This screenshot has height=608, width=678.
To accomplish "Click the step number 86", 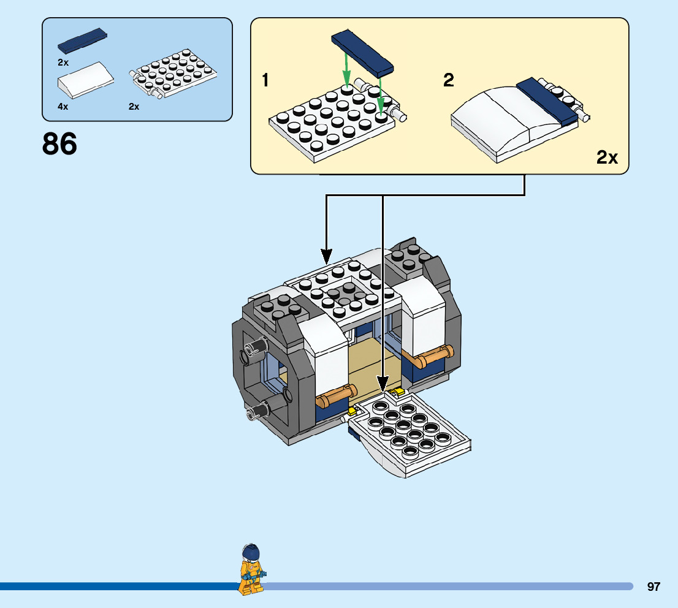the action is [x=59, y=144].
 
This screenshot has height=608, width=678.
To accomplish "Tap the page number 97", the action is [x=653, y=587].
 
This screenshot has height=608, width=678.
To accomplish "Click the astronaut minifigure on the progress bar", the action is [x=252, y=569].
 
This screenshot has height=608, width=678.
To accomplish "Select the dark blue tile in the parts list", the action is [x=83, y=42].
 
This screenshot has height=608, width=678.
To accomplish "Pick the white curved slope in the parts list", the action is [x=86, y=80].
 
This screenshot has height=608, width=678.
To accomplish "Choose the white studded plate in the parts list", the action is [x=173, y=73].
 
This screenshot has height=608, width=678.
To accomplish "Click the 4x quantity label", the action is [x=63, y=107].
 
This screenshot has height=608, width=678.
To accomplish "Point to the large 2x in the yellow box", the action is [x=607, y=158].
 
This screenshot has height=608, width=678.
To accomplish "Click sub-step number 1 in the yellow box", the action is [x=265, y=80].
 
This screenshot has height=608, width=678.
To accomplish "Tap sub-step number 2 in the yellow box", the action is [x=449, y=80].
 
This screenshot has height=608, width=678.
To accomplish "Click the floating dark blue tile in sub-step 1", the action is [x=362, y=54].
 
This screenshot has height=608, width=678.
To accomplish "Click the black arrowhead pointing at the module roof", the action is [x=327, y=256].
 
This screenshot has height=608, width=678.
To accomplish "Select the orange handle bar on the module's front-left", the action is [x=337, y=396].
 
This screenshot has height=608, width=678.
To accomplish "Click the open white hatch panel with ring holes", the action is [x=409, y=434].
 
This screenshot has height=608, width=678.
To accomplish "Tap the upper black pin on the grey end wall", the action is [x=256, y=347].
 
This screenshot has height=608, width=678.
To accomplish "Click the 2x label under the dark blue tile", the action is [x=63, y=63].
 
